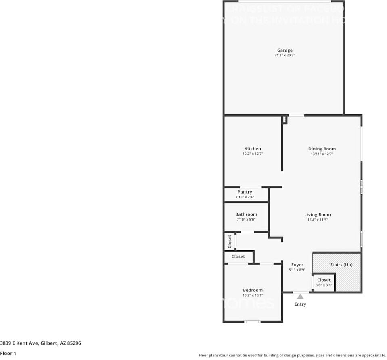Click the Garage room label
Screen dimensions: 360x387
(284, 50)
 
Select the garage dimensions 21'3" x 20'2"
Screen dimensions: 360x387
(284, 56)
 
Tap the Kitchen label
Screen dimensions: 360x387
(253, 149)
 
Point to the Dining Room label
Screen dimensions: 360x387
(322, 149)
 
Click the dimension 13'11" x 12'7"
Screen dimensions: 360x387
(322, 154)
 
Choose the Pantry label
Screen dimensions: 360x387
(245, 192)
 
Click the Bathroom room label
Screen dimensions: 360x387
(246, 214)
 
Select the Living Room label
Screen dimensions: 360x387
(317, 215)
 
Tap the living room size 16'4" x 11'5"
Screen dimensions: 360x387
(317, 220)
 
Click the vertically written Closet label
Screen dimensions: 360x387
(230, 241)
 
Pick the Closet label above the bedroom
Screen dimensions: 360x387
(238, 256)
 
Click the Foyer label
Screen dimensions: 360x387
(297, 265)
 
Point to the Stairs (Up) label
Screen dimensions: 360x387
(341, 265)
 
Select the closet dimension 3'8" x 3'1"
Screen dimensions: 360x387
(324, 285)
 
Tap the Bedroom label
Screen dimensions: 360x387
(253, 290)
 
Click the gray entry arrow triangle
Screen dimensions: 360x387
(300, 296)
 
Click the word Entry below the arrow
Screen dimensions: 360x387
(300, 304)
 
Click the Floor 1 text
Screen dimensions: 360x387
(8, 353)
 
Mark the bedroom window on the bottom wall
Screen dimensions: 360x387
(253, 322)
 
